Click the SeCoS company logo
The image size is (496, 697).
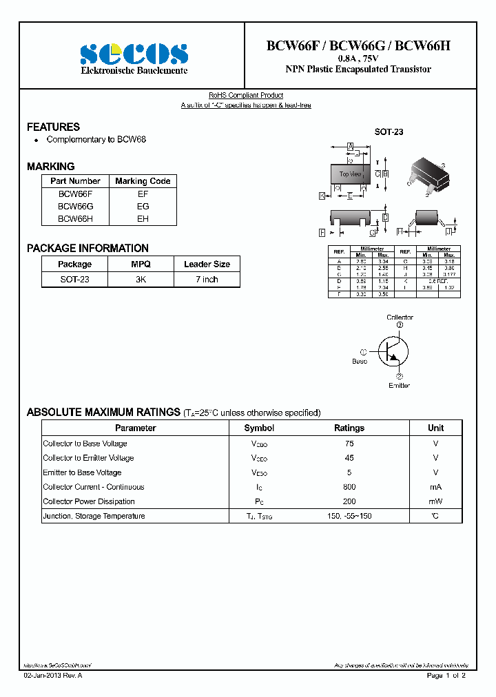[134, 54]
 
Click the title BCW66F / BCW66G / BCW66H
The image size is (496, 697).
[358, 46]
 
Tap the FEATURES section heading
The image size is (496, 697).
[53, 127]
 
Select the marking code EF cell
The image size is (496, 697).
[143, 194]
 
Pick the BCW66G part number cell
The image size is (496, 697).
[75, 206]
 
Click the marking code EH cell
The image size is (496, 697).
[143, 218]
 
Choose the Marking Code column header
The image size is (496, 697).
[143, 181]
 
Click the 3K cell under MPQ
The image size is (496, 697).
[140, 279]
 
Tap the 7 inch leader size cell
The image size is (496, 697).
[207, 279]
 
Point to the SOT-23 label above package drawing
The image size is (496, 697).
[389, 132]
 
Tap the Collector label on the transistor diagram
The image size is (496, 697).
[400, 318]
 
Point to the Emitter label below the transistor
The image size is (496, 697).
[399, 385]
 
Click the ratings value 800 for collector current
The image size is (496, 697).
[349, 487]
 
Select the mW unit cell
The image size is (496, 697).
[435, 501]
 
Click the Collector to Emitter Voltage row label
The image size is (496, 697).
[88, 458]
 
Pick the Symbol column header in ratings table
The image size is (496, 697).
[259, 428]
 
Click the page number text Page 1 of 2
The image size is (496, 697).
[446, 676]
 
